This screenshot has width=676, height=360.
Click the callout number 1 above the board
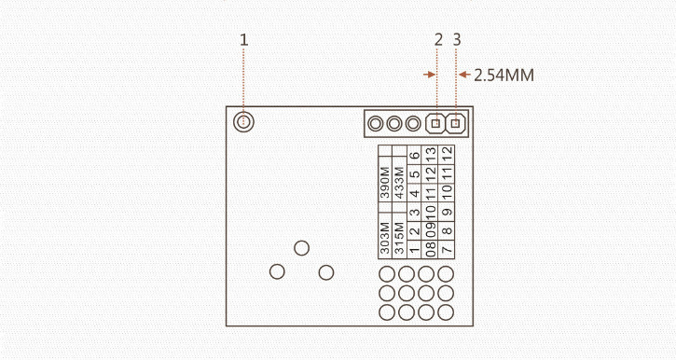click(244, 40)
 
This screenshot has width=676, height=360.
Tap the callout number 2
click(438, 40)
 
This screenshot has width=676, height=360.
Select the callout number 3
click(456, 40)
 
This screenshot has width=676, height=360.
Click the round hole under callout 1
click(244, 122)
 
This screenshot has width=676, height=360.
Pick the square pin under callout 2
click(435, 123)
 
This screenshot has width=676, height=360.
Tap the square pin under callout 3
click(456, 123)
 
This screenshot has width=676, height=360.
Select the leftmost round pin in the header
click(376, 123)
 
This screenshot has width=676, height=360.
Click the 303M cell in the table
click(385, 239)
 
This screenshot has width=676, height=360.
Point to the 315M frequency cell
click(400, 239)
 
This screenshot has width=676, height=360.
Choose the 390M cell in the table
click(385, 184)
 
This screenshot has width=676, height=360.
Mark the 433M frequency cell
click(400, 184)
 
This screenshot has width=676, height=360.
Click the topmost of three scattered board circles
click(301, 248)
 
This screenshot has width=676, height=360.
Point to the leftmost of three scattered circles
click(276, 271)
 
